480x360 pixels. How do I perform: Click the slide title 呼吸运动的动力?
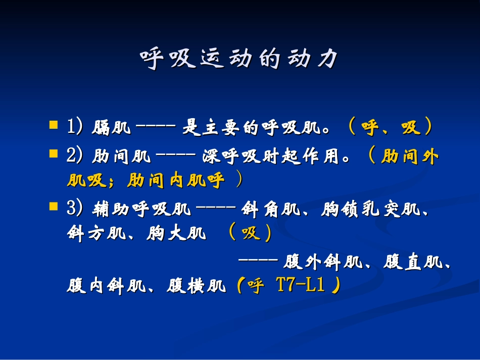click(x=239, y=59)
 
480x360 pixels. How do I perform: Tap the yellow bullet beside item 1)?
click(x=53, y=124)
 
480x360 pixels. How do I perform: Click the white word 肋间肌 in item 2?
click(x=121, y=157)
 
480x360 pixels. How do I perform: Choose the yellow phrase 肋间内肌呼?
click(x=175, y=181)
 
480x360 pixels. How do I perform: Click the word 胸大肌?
click(x=176, y=233)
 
